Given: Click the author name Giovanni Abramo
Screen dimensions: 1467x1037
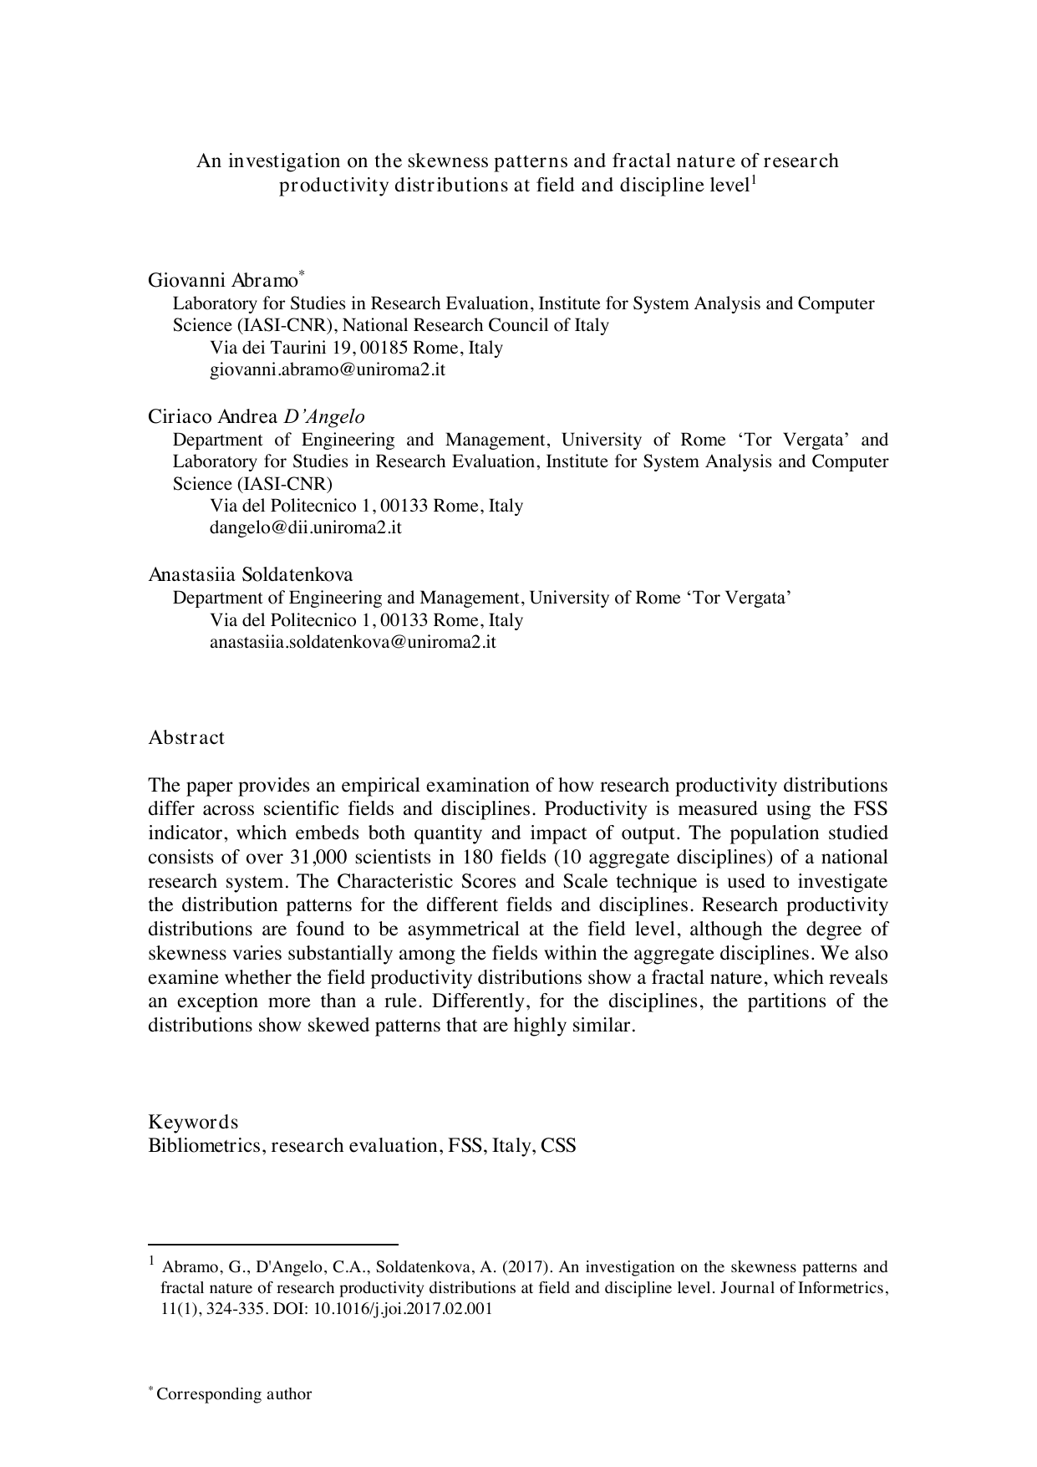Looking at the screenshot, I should [x=222, y=279].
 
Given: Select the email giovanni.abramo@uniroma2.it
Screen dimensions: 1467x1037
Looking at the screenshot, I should [x=327, y=369].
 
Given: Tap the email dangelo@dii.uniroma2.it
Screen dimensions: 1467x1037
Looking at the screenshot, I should [x=305, y=527].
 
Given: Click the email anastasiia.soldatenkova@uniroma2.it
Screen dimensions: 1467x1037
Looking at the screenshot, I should [x=353, y=642].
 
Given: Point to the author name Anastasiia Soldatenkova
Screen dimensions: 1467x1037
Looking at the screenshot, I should [x=251, y=575].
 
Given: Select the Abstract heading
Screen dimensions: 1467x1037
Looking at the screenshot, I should [x=186, y=738].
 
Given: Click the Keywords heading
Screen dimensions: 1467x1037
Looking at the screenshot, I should [x=193, y=1122].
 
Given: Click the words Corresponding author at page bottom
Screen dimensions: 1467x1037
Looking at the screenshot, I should [x=234, y=1394].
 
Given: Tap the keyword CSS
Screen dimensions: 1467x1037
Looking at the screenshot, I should [x=558, y=1145].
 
